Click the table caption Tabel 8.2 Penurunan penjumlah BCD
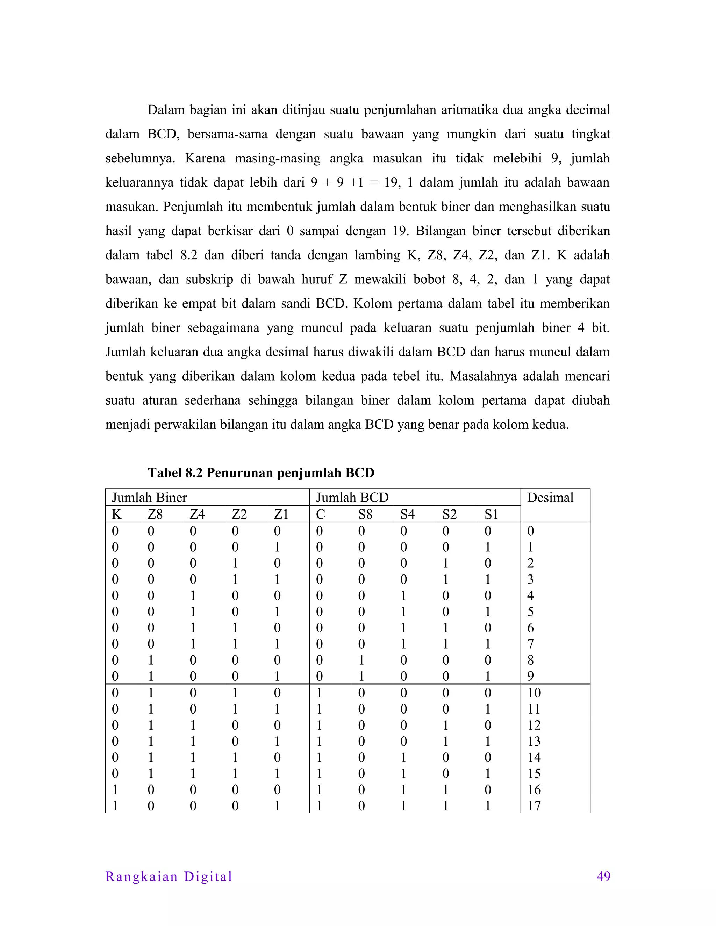[261, 472]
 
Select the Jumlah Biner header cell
[149, 497]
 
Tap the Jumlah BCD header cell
[352, 497]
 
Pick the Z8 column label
[155, 514]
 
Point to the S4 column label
[407, 514]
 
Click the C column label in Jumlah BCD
[320, 514]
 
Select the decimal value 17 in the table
[534, 805]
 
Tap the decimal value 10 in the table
[534, 693]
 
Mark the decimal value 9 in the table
[530, 676]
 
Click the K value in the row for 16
[115, 789]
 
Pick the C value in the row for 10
[320, 693]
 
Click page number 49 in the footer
[603, 876]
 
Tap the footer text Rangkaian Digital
[169, 876]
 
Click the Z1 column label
[281, 514]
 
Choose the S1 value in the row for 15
[488, 773]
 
